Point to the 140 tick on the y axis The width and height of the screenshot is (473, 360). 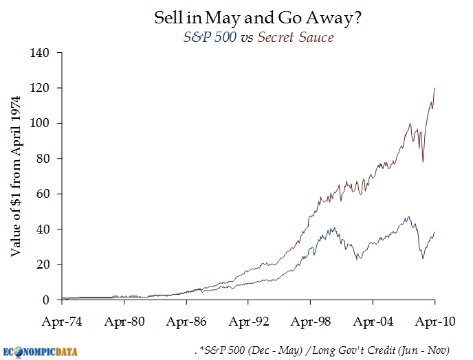pos(43,53)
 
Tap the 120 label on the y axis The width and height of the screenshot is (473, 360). pos(43,88)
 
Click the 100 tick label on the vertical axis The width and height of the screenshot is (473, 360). pos(43,124)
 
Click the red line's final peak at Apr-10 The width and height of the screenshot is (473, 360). pos(434,88)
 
